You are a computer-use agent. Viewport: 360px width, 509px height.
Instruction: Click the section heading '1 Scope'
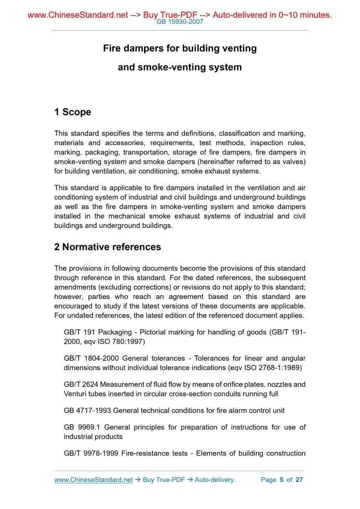point(73,112)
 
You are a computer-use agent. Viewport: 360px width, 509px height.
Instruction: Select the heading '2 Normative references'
point(108,247)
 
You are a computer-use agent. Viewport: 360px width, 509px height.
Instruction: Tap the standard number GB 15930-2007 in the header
point(180,22)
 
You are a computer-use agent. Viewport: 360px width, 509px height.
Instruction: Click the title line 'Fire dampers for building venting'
point(180,48)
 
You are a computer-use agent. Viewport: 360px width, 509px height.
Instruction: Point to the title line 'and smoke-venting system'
point(180,67)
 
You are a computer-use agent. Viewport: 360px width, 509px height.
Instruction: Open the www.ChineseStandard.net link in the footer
point(94,480)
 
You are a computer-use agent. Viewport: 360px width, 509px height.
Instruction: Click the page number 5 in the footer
point(282,480)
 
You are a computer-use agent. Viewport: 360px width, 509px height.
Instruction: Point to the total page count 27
point(299,480)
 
